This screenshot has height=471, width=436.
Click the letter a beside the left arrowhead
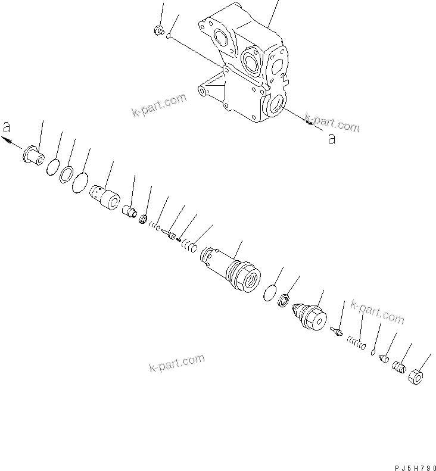(6, 127)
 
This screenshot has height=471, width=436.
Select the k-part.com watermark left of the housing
(160, 107)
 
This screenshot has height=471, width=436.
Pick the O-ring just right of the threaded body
(270, 292)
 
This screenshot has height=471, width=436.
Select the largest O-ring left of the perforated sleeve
(80, 183)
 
